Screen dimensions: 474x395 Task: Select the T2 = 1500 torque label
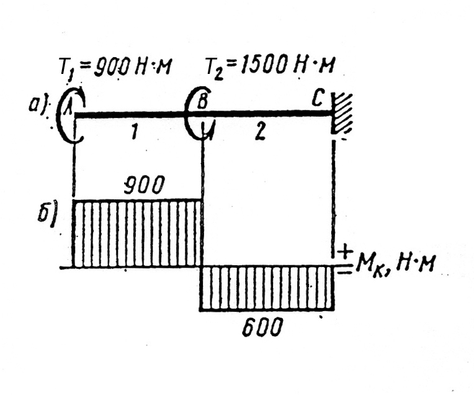coord(270,66)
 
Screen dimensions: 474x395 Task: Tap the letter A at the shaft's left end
coord(68,106)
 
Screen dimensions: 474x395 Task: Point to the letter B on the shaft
coord(202,101)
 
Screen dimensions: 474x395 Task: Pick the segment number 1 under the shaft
coord(134,132)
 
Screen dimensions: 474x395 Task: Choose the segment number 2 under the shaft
coord(259,132)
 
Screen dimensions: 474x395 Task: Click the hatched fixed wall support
coord(342,114)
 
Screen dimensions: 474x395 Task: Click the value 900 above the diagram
coord(144,184)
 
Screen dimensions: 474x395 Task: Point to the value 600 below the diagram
coord(262,327)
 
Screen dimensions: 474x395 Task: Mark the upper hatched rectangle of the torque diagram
coord(138,234)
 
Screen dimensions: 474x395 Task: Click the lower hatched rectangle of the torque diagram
coord(267,288)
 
